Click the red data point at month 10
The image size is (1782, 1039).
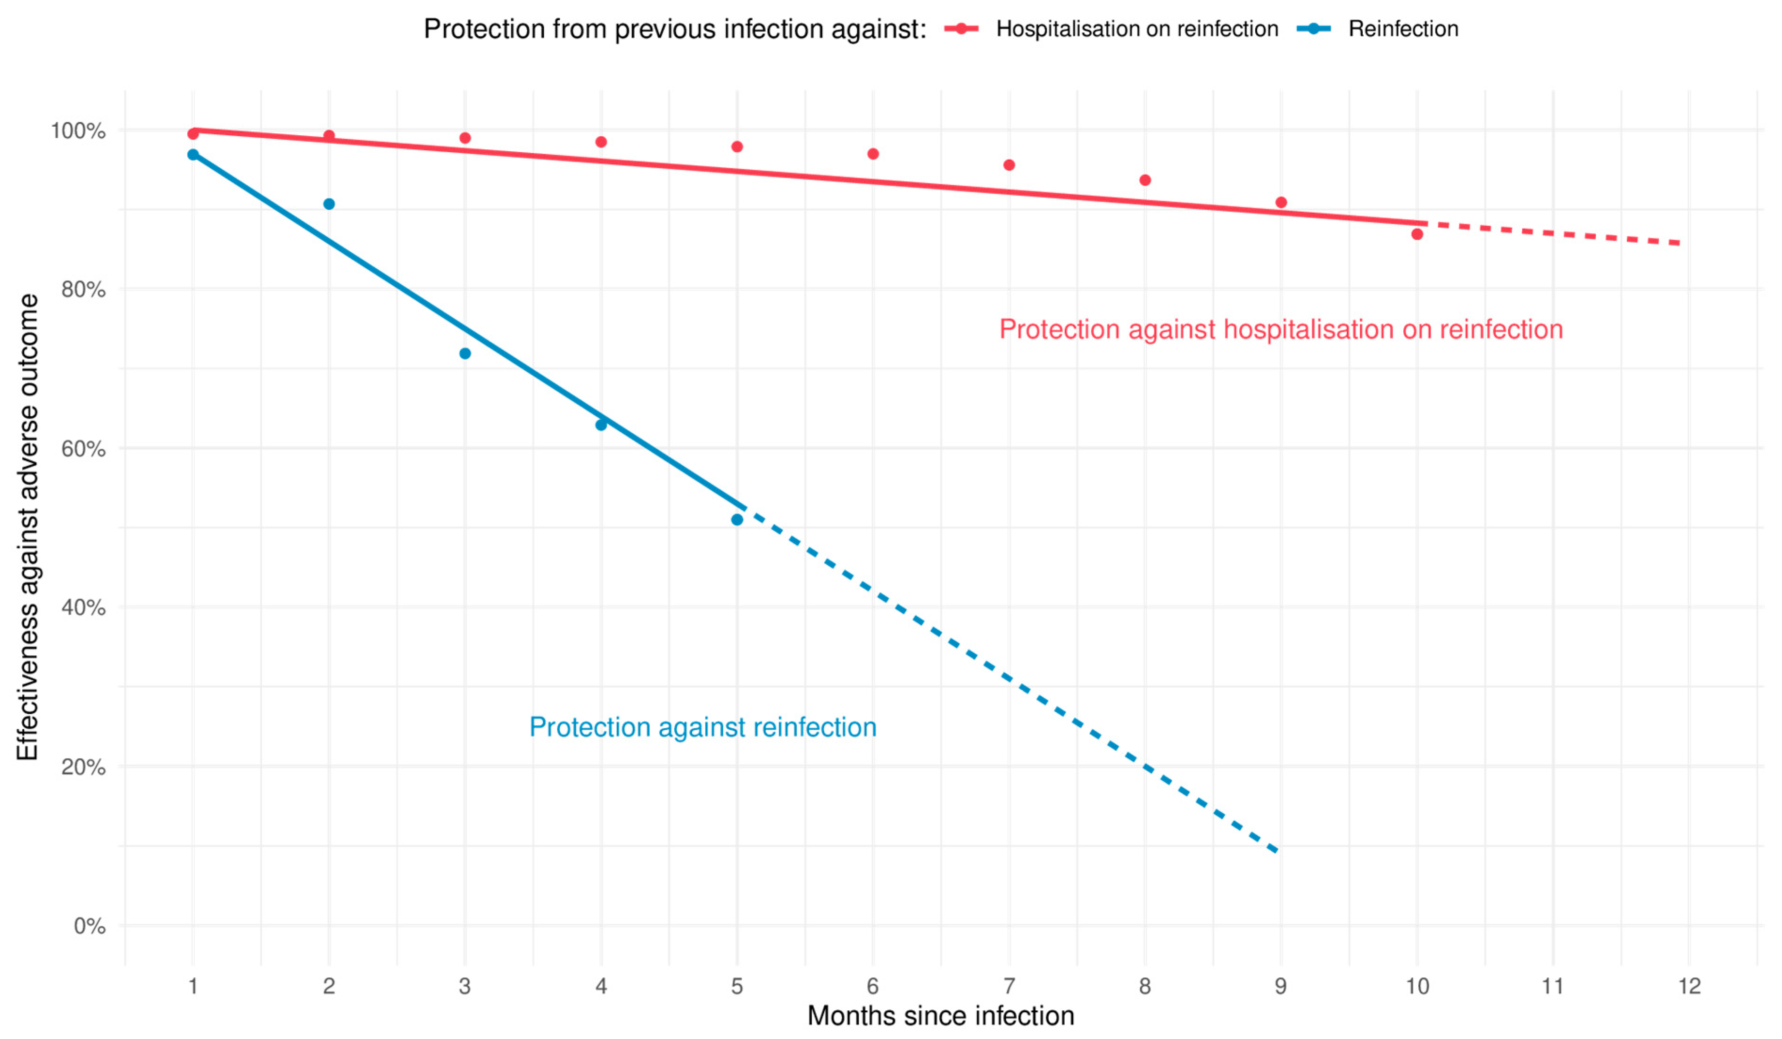click(x=1417, y=234)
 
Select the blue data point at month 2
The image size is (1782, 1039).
click(x=329, y=204)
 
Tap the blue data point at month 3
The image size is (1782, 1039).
click(x=464, y=354)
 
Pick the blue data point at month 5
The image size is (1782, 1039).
click(x=737, y=519)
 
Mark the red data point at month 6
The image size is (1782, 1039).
click(x=873, y=154)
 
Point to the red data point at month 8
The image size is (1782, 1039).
click(x=1145, y=180)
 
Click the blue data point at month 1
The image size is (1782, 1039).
click(x=193, y=155)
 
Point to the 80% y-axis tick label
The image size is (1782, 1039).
click(x=83, y=290)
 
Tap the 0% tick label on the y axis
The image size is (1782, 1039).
click(x=90, y=926)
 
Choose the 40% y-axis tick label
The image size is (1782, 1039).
click(x=83, y=608)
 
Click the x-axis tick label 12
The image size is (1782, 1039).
click(x=1690, y=986)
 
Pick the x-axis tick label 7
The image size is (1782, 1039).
click(x=1009, y=986)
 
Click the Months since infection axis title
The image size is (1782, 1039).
click(x=940, y=1016)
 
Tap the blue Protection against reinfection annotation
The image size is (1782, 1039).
click(x=703, y=727)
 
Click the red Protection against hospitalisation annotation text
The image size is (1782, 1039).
click(x=1281, y=330)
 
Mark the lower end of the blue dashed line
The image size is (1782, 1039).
click(x=1277, y=852)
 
